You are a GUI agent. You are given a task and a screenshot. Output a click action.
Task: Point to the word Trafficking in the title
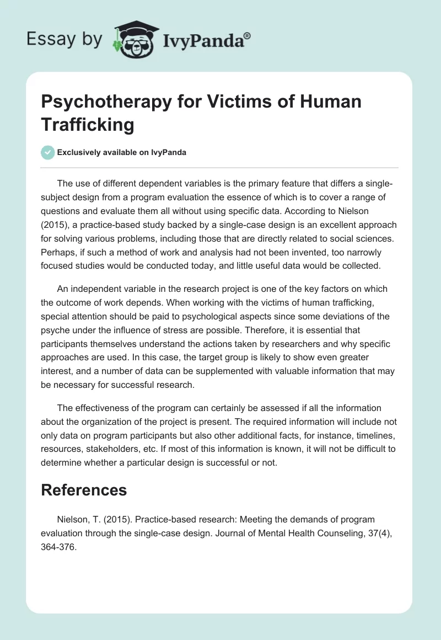click(x=88, y=125)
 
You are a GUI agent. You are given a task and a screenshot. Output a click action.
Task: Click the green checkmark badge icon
click(x=47, y=152)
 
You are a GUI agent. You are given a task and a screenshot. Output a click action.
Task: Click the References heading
click(x=84, y=490)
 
